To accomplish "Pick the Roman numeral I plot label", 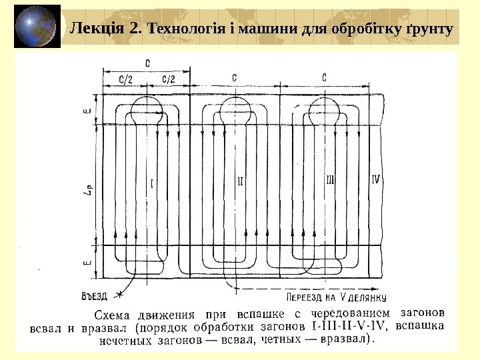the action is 153,181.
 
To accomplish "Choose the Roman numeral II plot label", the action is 241,180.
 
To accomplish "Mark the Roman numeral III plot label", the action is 330,180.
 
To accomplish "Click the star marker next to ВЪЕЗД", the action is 119,294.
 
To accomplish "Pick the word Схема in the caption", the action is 111,313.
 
